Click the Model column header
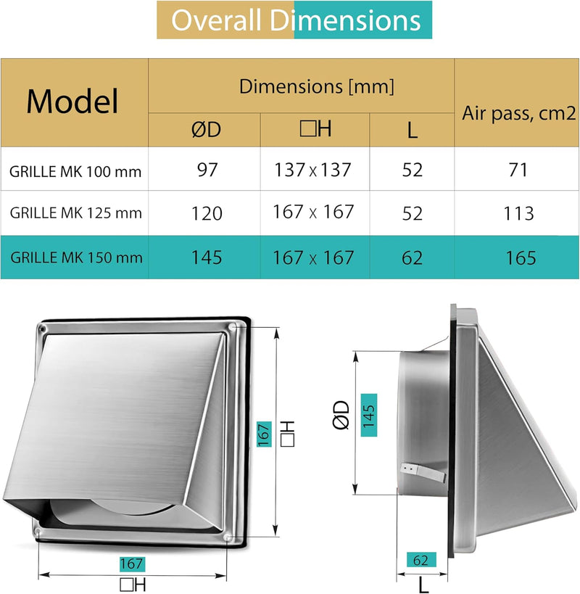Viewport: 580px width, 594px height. tap(72, 102)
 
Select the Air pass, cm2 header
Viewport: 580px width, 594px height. tap(517, 112)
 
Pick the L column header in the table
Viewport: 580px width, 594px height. tap(412, 131)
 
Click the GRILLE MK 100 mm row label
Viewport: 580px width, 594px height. tap(75, 173)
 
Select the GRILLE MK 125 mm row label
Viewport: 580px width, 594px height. tap(75, 214)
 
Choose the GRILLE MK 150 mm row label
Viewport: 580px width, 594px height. tap(75, 257)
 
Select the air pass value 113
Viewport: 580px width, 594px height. tap(517, 214)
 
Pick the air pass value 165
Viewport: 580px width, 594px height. tap(517, 257)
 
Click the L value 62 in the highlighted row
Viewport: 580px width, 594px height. tap(412, 257)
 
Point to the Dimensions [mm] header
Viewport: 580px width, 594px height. tap(317, 87)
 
